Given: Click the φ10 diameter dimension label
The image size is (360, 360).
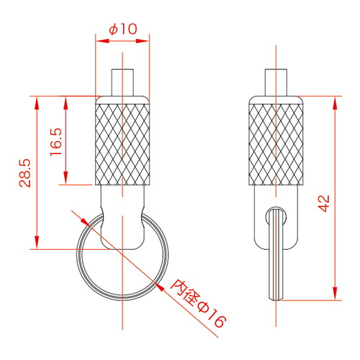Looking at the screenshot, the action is coord(123,29).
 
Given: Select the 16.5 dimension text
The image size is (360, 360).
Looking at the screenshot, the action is coord(56,142).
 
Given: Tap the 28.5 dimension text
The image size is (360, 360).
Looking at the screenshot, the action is coord(25,173).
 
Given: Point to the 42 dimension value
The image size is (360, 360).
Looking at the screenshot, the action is coord(324,203).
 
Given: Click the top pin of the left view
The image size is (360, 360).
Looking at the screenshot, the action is coord(122,83).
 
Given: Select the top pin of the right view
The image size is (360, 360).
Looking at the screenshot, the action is coord(276,83).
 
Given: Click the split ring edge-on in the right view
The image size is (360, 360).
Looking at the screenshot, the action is coord(276,253).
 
